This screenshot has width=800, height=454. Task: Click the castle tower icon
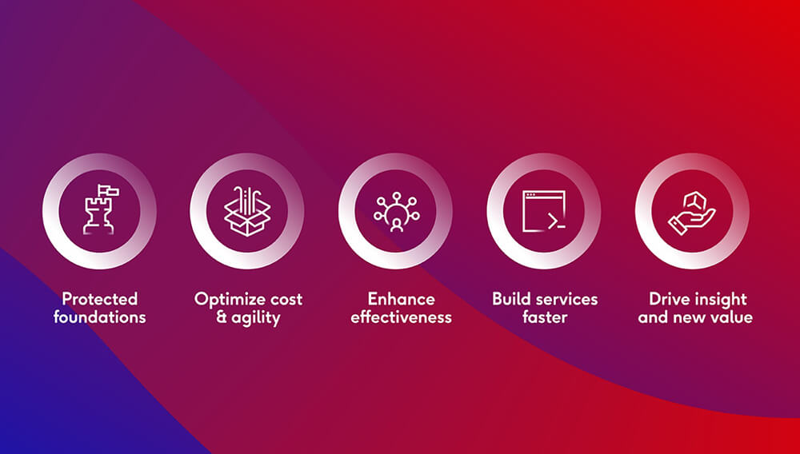(x=100, y=210)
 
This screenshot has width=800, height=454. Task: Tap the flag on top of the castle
(x=109, y=191)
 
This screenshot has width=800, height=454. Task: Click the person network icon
(x=396, y=212)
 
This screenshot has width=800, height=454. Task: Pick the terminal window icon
(x=544, y=211)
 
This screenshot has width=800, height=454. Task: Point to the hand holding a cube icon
(x=692, y=213)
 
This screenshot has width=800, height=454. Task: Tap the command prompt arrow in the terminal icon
(x=551, y=221)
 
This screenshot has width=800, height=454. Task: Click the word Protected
(x=100, y=299)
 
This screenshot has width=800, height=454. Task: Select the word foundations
(x=100, y=317)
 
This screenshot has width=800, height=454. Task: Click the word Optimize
(x=227, y=300)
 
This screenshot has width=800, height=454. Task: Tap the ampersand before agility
(x=222, y=317)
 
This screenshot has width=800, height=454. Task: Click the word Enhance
(x=402, y=299)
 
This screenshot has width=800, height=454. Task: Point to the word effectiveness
(x=402, y=317)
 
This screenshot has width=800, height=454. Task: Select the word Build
(x=510, y=299)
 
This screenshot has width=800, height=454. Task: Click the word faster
(x=545, y=317)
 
